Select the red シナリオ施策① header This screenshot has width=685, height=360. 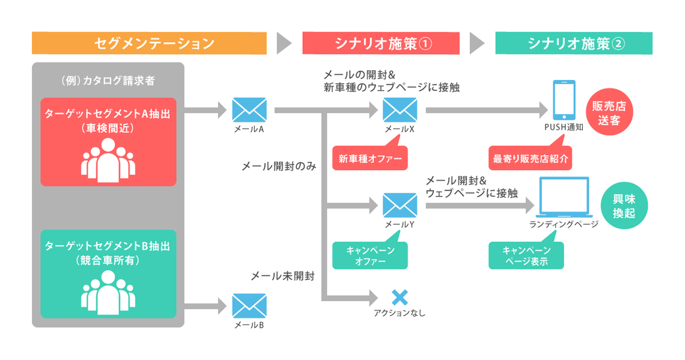pos(381,43)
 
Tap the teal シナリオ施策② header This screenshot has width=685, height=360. pos(574,43)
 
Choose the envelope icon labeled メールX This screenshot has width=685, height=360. pos(400,110)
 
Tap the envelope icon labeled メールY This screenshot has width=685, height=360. pos(400,206)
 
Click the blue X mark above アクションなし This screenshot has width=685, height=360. pos(400,297)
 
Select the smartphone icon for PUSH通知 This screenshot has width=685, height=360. pos(563,101)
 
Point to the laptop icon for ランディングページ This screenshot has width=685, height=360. pos(564,198)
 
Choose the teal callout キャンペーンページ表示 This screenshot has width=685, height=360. pos(526,256)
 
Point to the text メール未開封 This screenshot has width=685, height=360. pos(282,276)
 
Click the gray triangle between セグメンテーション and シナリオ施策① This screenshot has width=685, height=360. pos(284,43)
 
